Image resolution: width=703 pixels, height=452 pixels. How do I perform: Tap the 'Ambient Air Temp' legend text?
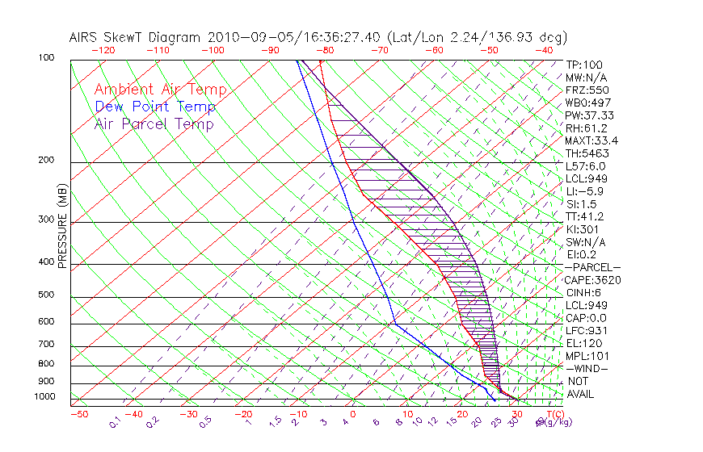tap(160, 90)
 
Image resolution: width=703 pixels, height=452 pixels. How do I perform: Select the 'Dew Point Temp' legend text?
tap(154, 107)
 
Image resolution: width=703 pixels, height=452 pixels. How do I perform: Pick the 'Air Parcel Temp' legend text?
tap(154, 123)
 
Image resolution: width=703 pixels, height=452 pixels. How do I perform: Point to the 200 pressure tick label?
tap(45, 161)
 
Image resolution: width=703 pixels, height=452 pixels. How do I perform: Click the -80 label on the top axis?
tap(325, 49)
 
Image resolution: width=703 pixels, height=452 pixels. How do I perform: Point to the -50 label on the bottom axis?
tap(78, 414)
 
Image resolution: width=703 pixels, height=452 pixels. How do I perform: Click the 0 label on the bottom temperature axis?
tap(353, 414)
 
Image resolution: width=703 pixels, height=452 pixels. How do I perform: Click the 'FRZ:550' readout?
tap(587, 90)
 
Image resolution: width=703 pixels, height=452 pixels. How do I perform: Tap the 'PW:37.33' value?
tap(590, 115)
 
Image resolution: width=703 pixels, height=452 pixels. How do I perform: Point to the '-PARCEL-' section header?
tap(592, 267)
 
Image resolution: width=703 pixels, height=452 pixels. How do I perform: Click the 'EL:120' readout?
tap(583, 343)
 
